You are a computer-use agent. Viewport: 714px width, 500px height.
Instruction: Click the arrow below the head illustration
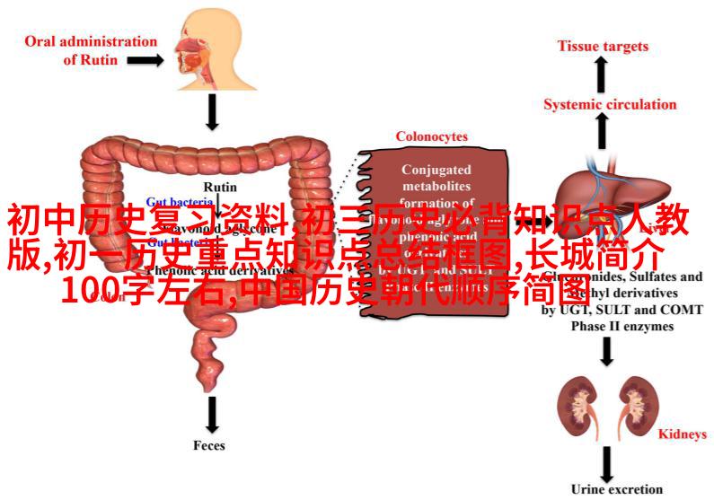212,111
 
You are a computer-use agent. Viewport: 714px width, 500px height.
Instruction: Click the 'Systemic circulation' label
610,104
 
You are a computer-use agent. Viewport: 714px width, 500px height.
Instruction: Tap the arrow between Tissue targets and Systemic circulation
601,75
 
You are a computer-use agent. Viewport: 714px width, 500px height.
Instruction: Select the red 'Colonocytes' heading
431,136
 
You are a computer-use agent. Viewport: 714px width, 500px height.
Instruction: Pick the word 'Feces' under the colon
209,444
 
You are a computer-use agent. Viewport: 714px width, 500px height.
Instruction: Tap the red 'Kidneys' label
683,434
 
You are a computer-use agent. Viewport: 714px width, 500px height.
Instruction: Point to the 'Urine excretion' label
617,489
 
